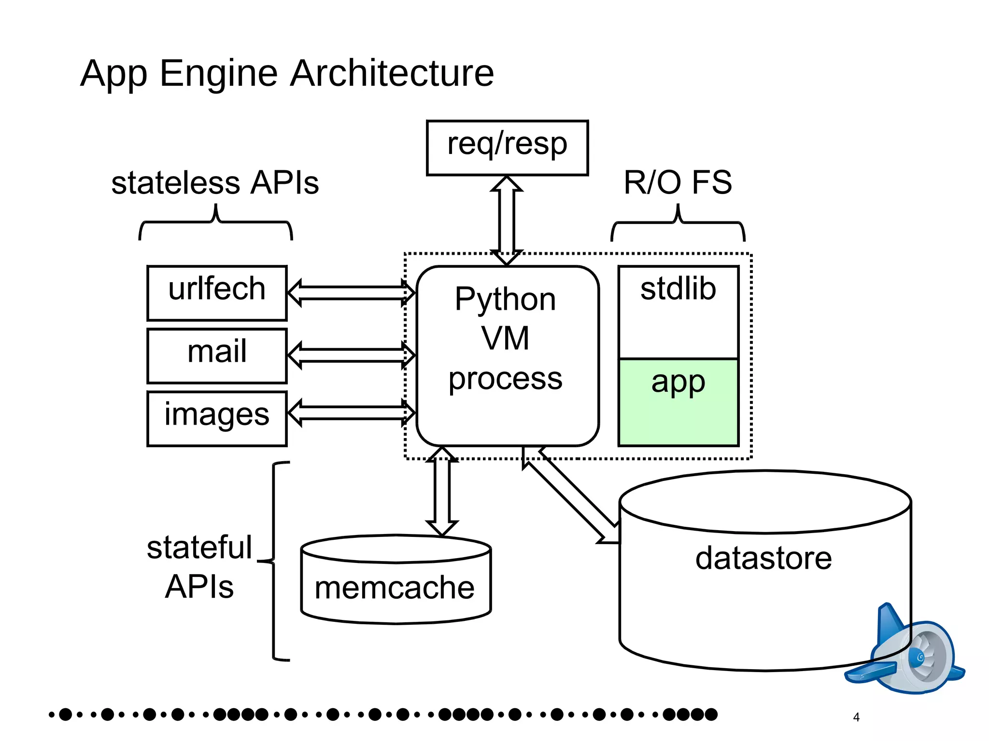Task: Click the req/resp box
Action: coord(507,147)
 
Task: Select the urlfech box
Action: coord(217,292)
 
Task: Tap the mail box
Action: coord(217,355)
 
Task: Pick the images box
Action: coord(217,418)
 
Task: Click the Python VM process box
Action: coord(507,355)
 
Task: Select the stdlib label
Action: coord(678,289)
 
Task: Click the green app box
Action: coord(678,401)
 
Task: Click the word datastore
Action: coord(763,558)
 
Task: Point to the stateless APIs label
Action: coord(215,183)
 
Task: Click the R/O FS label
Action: coord(678,183)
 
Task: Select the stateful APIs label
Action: coord(199,567)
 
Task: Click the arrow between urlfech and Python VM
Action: coord(351,293)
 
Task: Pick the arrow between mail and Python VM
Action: coord(351,355)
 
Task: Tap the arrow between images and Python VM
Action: coord(351,413)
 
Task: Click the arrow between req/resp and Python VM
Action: coord(507,220)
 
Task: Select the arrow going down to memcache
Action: coord(442,491)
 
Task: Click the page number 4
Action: coord(856,717)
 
